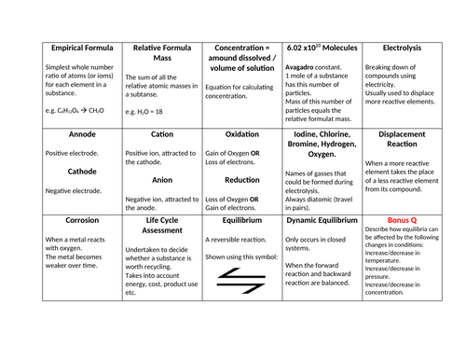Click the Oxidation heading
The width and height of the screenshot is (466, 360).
(x=241, y=133)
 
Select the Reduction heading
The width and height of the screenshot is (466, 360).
(x=241, y=180)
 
